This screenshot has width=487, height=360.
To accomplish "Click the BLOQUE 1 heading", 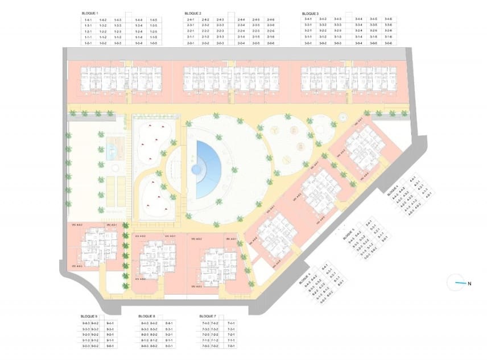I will click(x=90, y=13).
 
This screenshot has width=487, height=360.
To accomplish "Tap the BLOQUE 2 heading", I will click(x=193, y=13).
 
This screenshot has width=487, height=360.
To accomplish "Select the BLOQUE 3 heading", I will click(x=311, y=13).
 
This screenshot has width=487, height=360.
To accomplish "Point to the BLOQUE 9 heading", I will click(x=89, y=316).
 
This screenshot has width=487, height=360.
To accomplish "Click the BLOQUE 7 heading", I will click(x=208, y=316).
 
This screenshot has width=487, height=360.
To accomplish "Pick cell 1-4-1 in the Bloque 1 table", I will click(x=88, y=20).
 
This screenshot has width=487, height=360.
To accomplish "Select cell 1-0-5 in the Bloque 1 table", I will click(x=154, y=43).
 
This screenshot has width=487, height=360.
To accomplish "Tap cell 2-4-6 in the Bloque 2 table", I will click(x=270, y=20).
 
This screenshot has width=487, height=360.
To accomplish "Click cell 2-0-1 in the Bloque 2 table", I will click(x=191, y=43).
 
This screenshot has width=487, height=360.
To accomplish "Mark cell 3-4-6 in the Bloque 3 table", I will click(x=388, y=20).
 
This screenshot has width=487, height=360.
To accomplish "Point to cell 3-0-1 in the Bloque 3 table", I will click(x=308, y=43).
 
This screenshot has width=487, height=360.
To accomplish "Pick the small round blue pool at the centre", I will click(x=197, y=169).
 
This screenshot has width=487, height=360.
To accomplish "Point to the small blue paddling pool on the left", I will click(x=111, y=151).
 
